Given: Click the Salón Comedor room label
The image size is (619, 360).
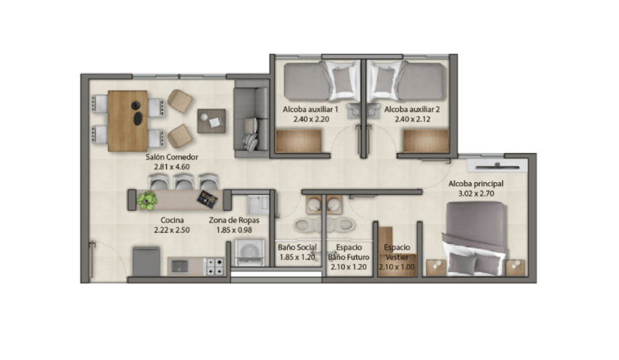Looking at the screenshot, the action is [x=172, y=157].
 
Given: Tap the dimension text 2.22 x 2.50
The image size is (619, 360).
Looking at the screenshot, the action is [x=172, y=230].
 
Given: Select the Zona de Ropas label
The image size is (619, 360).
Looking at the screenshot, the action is [x=234, y=220].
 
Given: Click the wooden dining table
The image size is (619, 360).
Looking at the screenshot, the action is [x=127, y=121].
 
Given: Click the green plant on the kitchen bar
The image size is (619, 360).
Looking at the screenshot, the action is [x=147, y=201].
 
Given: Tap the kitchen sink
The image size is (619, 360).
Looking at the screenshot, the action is [x=180, y=267].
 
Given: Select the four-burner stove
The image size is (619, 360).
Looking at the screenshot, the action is [x=214, y=266].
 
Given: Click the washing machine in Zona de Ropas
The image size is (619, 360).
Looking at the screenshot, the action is [x=250, y=251].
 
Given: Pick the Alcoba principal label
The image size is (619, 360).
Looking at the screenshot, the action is [x=476, y=184].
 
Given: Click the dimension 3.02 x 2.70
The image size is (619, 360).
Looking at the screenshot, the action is [x=476, y=193].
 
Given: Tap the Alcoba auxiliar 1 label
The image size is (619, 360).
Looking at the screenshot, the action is [x=310, y=110].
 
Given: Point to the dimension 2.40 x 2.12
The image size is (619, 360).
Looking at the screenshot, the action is [x=413, y=119].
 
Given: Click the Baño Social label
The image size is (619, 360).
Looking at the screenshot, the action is [x=297, y=247].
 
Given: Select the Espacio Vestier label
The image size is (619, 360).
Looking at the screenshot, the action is [x=397, y=252].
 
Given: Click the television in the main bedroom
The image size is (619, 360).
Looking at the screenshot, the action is [x=497, y=166].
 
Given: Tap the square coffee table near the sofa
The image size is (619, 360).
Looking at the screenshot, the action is [x=212, y=121].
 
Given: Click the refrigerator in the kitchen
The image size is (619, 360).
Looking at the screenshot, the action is [x=146, y=261].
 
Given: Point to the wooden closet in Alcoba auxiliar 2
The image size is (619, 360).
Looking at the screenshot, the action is [x=426, y=141].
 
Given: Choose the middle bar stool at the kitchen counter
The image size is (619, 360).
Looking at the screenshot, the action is [x=184, y=181].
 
